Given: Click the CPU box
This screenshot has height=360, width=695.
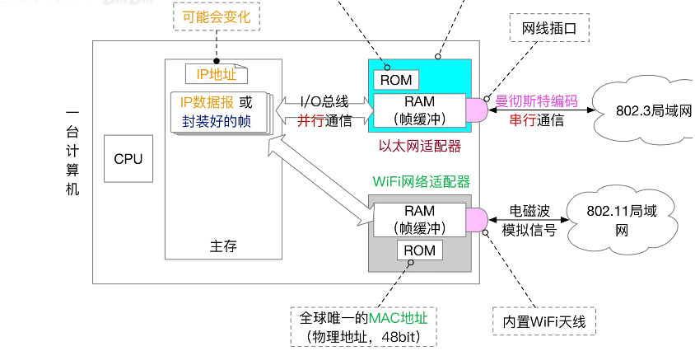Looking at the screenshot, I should [x=128, y=159].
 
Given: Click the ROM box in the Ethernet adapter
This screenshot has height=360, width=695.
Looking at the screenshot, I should [x=397, y=80].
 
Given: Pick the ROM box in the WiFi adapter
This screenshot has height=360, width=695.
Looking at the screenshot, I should [x=420, y=250].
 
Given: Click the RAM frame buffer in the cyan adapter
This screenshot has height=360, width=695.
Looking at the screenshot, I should [x=420, y=110].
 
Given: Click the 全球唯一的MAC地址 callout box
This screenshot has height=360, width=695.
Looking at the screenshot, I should [x=364, y=327].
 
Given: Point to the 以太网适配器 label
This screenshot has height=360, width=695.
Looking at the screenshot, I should [x=420, y=146].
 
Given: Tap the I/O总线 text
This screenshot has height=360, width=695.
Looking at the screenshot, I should [x=324, y=102].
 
